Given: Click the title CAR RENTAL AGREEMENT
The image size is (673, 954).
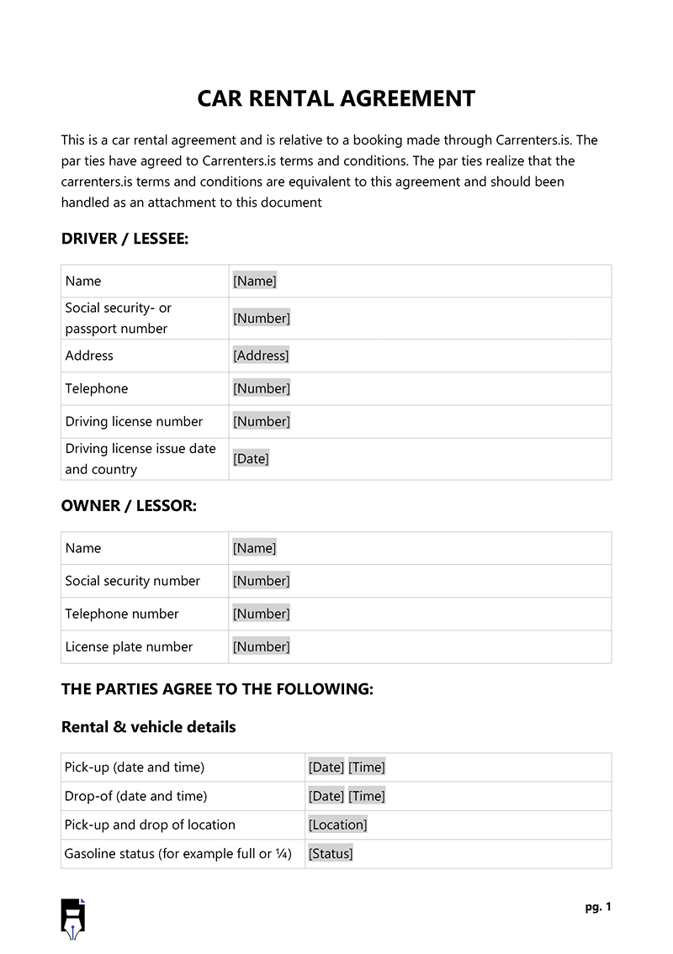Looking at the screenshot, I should coord(336,98).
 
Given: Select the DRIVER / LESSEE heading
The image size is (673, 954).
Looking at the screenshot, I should coord(125,239).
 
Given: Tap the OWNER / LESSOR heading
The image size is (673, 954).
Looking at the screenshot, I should coord(129,506).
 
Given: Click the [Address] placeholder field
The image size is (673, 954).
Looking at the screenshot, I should coord(261,356).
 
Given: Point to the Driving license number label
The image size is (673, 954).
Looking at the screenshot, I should coord(134,421).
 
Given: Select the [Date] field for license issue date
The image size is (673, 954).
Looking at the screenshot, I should coord(251,459).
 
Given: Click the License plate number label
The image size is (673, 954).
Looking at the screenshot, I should coord(129,646).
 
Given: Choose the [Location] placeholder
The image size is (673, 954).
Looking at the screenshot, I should coord(337,825).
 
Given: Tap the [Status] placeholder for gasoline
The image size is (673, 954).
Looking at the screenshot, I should coord(331,853).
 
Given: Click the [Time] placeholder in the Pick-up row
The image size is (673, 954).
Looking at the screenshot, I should coord(367,767).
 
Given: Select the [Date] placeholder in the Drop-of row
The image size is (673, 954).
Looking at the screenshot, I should coord(326,796).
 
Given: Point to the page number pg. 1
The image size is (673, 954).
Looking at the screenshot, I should coord(598,907).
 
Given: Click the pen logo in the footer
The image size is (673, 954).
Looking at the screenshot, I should coord(73,918).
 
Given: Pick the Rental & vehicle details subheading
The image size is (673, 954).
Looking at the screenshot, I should coord(148,727).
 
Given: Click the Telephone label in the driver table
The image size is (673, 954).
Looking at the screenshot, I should coord(97,388).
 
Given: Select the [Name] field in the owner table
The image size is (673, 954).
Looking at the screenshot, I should coord(254,548).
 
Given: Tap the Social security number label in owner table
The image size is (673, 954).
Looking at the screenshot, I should coord(132,581).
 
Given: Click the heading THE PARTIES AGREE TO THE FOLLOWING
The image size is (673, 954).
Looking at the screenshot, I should coord(217,689).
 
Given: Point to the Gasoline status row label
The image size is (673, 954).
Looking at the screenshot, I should coord(178,853).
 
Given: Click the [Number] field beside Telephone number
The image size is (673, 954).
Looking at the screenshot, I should coord(261,614).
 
